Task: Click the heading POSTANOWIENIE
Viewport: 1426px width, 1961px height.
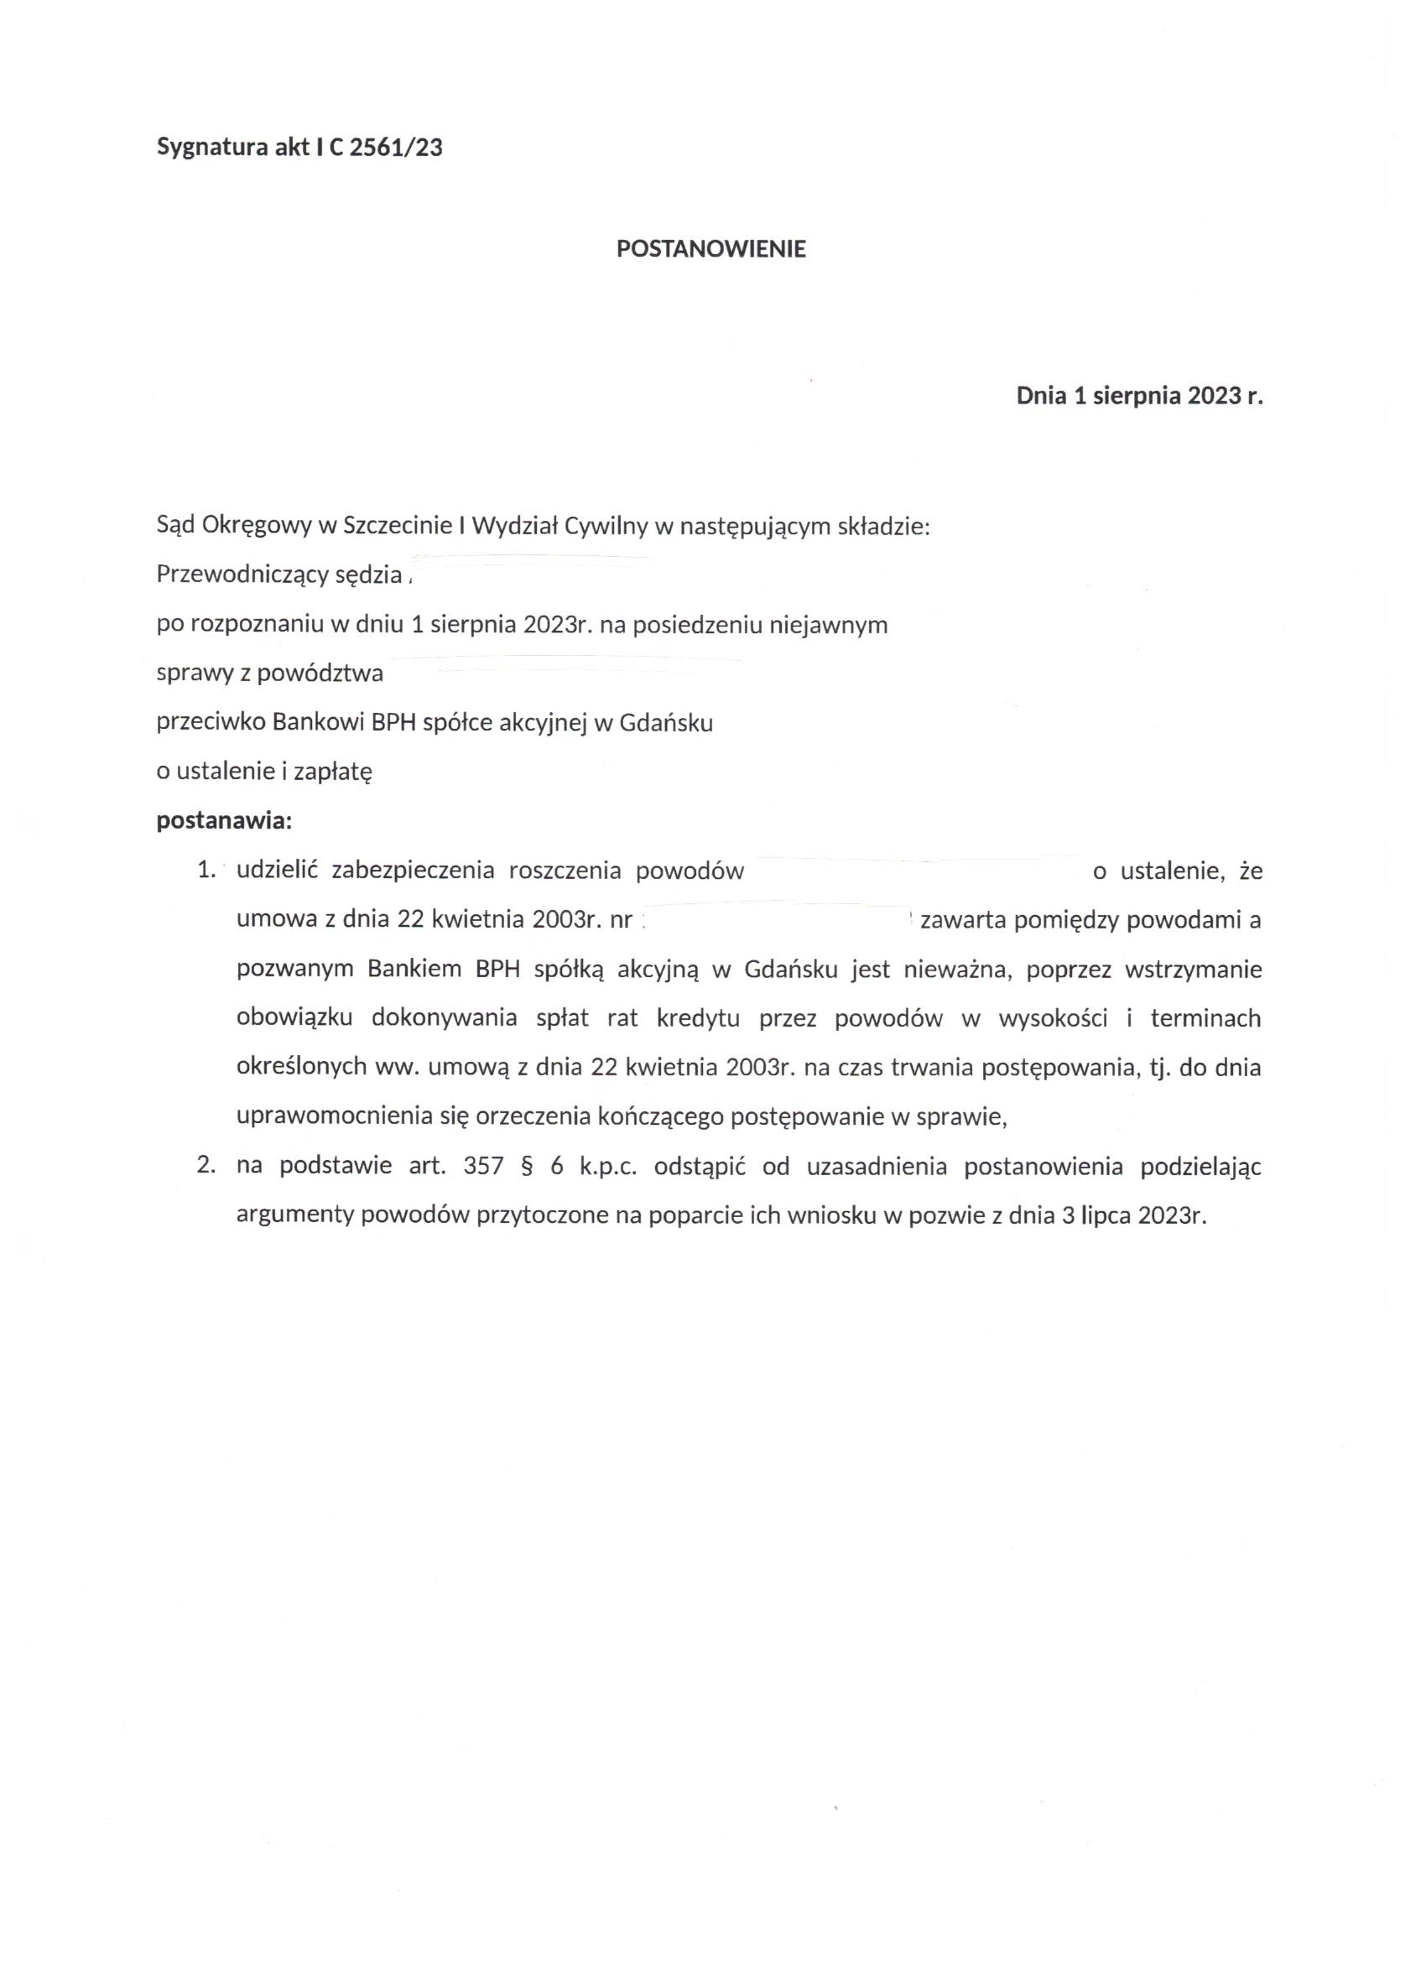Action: pos(710,249)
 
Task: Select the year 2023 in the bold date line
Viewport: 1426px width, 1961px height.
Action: pos(1215,397)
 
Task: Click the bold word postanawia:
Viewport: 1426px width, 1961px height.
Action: pos(224,820)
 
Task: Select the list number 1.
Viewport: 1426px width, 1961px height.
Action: pos(205,871)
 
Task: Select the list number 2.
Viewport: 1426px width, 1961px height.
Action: pos(205,1166)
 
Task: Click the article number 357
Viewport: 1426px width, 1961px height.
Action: pos(483,1166)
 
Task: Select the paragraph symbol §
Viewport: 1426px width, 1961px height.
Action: pos(524,1167)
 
